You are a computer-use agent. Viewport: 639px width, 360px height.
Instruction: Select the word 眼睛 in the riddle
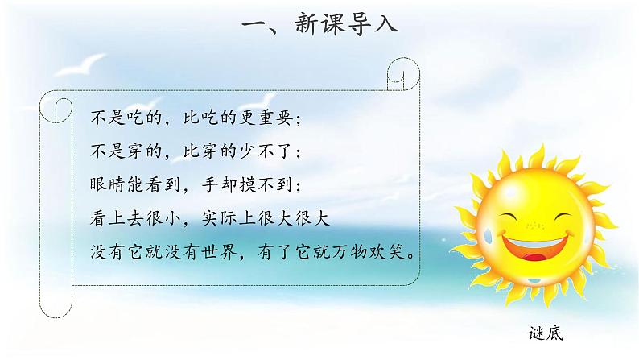point(107,185)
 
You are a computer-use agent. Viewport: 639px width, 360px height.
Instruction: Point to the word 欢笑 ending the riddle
point(398,252)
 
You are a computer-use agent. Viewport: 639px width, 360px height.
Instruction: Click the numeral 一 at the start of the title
point(259,25)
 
